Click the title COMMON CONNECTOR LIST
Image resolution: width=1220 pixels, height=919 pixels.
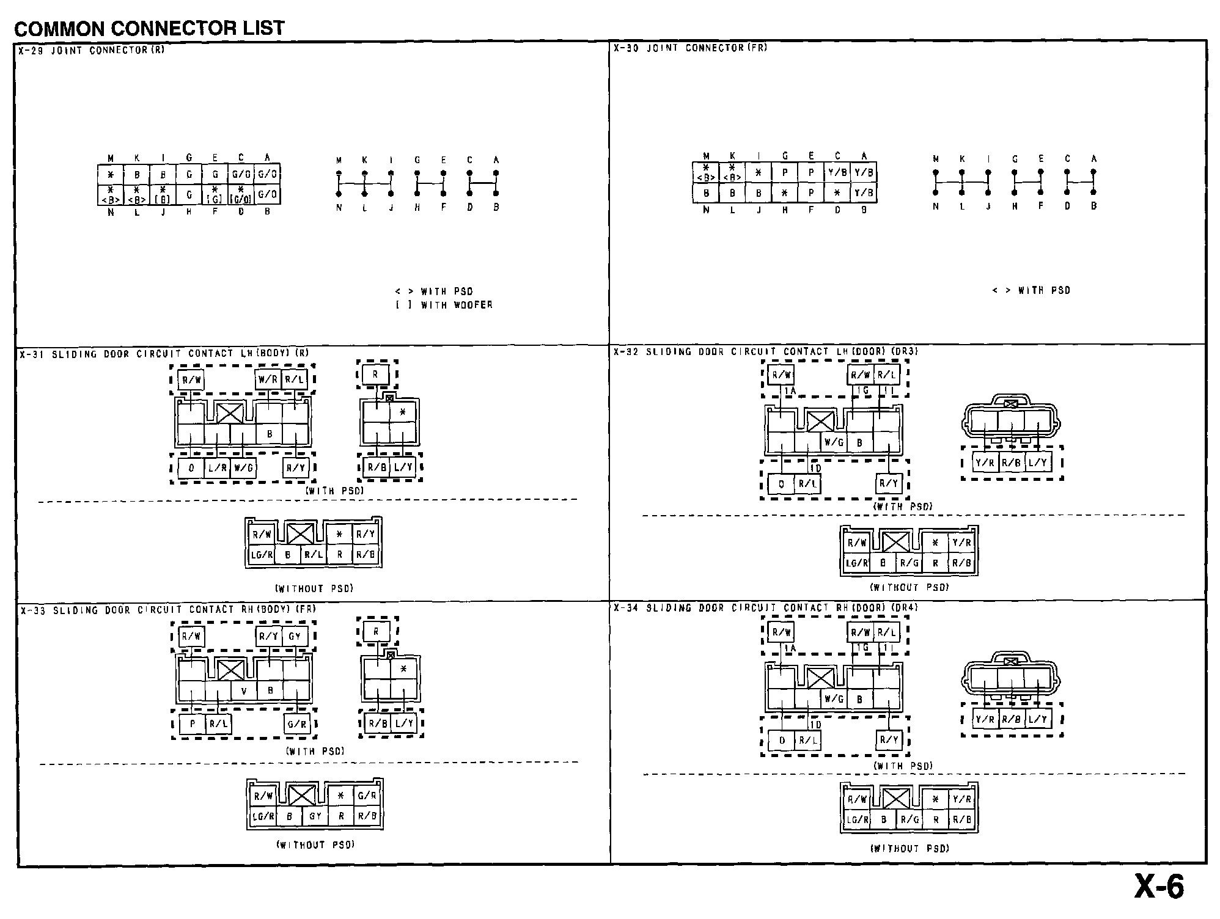point(149,28)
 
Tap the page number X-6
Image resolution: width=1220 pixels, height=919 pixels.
point(1159,887)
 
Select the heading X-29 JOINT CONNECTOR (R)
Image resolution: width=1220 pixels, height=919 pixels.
point(92,51)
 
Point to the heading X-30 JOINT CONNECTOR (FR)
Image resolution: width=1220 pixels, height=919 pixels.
point(691,48)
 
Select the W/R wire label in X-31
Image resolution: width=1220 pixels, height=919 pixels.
point(268,379)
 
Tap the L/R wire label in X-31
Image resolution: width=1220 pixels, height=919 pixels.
point(218,468)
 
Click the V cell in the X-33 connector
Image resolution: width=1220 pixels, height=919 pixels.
point(244,691)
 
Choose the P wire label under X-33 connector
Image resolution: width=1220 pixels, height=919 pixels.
point(192,724)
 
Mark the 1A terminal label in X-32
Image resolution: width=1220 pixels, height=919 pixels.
point(790,391)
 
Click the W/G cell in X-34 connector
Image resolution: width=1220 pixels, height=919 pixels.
point(834,698)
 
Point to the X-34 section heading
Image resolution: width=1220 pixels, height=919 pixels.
point(766,608)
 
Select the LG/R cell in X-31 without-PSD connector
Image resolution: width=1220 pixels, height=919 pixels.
point(262,555)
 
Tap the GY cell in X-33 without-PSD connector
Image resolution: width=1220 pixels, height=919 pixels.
point(315,816)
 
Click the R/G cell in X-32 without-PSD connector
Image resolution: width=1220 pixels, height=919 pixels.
point(909,563)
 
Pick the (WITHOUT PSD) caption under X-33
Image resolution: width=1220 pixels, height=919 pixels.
point(315,845)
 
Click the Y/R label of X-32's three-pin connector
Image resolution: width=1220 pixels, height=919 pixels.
point(985,463)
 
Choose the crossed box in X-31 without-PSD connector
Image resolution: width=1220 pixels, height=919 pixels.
point(300,534)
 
